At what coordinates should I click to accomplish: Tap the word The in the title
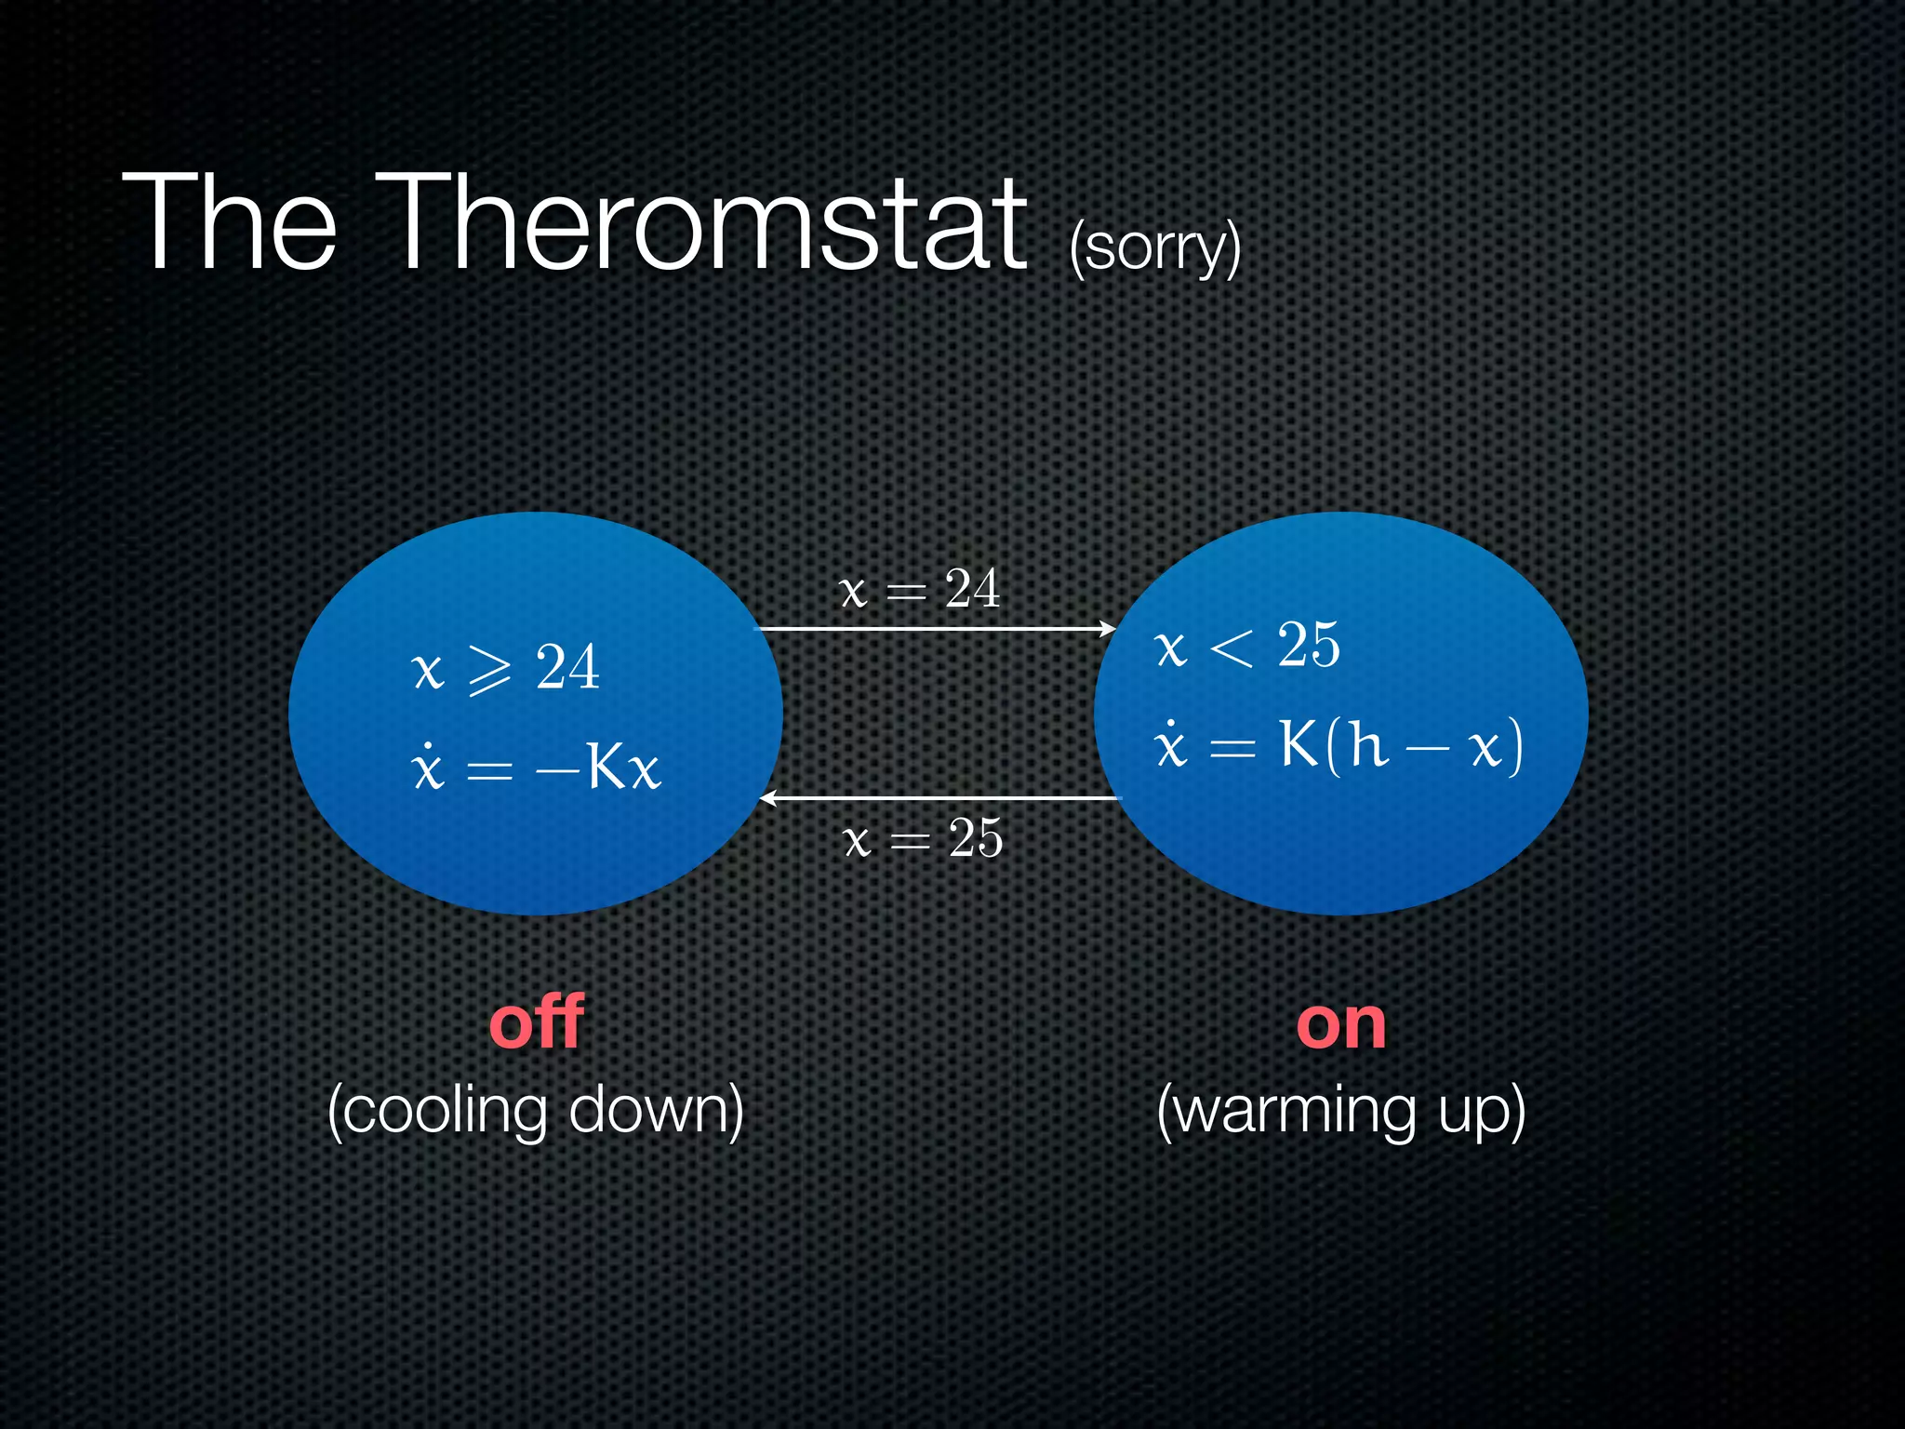(229, 223)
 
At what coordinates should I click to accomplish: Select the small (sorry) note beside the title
(1154, 247)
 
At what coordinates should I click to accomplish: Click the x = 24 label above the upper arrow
(919, 589)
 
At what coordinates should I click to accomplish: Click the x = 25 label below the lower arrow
(923, 838)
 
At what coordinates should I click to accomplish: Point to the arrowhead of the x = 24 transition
(1109, 629)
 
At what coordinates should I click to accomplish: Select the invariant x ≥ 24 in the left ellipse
(505, 668)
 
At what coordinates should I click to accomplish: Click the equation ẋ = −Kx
(535, 768)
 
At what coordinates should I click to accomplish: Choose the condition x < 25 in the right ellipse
(1246, 646)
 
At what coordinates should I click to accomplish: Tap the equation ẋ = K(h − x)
(1338, 744)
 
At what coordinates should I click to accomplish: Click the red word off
(537, 1022)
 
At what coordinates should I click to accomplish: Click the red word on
(1340, 1025)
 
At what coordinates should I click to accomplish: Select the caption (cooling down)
(536, 1111)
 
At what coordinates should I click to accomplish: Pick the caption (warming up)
(1340, 1111)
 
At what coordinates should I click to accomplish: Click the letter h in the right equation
(1368, 744)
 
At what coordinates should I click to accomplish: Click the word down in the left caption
(655, 1109)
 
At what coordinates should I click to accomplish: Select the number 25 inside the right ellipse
(1308, 645)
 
